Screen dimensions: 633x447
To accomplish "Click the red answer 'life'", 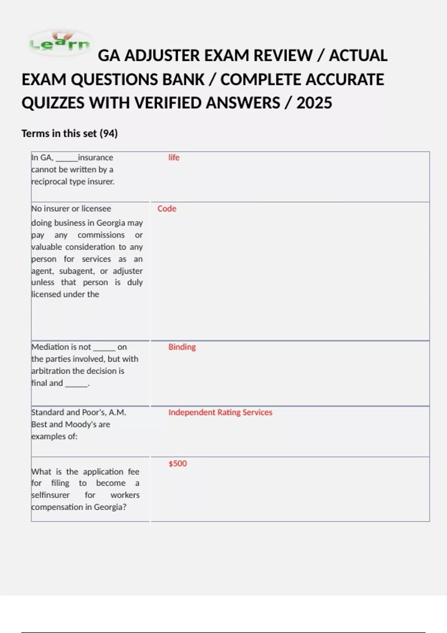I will tap(174, 158).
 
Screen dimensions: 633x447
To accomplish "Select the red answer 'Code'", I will tap(167, 209).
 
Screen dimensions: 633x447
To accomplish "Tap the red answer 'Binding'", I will tap(182, 347).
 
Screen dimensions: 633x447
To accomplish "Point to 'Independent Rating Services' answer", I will tap(220, 412).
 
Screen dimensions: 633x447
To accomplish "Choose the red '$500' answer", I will tap(178, 464).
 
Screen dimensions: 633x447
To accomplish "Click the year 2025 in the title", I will tap(314, 103).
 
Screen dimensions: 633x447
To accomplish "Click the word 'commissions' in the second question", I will tap(101, 235).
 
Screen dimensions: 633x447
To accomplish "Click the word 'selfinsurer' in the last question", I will tap(50, 495).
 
